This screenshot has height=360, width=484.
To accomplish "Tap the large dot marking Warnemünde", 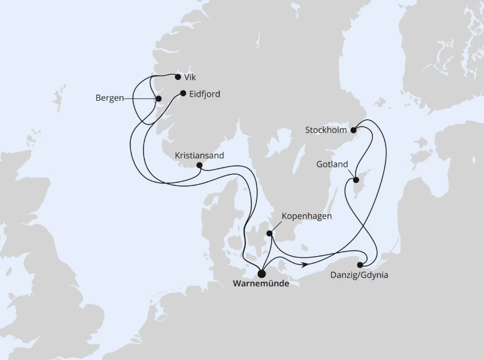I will pos(261,272).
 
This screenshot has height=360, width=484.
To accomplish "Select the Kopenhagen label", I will pos(307,216).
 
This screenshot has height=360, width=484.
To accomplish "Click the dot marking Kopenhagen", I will pos(270,233).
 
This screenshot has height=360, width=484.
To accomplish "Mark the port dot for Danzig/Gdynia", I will pos(361,265).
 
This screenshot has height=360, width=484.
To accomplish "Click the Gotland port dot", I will pos(356,180).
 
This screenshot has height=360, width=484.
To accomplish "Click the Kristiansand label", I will pos(199,155).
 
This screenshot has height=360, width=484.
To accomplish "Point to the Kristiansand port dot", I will pos(199,165).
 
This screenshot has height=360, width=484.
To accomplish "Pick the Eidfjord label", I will pos(205,94).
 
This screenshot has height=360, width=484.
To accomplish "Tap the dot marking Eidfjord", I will pos(183,93).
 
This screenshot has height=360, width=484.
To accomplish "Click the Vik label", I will pos(191,77).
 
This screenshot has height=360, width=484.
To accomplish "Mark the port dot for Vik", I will pos(177,77).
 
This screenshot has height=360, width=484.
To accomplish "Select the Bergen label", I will pos(110,97).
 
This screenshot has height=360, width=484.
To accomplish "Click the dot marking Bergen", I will pos(159,98).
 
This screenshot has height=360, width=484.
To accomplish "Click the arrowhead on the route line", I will pos(305,264).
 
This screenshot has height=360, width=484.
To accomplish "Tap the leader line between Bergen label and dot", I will pos(141,98).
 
